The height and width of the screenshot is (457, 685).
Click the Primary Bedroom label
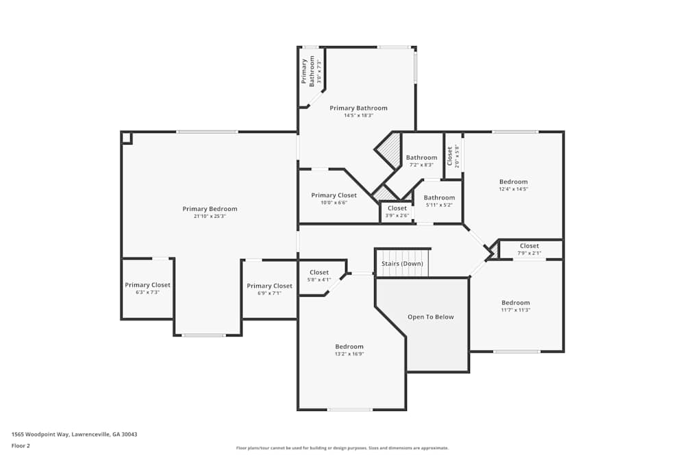210,209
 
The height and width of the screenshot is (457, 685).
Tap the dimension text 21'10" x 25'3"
210,217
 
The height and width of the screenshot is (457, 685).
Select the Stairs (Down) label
402,264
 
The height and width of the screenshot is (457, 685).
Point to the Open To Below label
430,317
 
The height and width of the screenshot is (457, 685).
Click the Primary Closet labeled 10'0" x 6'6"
334,195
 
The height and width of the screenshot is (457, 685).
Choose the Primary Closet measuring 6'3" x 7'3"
147,285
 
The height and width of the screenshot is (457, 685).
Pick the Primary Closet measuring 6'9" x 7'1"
269,286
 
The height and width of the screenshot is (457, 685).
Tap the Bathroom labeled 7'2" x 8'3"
421,158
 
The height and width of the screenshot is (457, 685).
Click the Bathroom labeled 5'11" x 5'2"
439,198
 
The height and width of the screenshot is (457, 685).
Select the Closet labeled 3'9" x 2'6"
397,208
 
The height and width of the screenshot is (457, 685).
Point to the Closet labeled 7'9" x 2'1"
530,246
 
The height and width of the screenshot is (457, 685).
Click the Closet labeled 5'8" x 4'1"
319,273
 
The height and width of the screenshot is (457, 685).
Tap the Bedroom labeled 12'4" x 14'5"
513,182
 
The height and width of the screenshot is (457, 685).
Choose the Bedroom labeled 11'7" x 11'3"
515,303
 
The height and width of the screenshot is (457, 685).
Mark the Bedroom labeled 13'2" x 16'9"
349,347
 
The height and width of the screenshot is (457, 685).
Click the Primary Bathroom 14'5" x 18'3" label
358,108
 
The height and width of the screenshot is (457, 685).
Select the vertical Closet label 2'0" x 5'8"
450,157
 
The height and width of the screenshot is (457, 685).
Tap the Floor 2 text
21,445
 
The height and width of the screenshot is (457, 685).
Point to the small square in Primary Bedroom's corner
126,138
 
